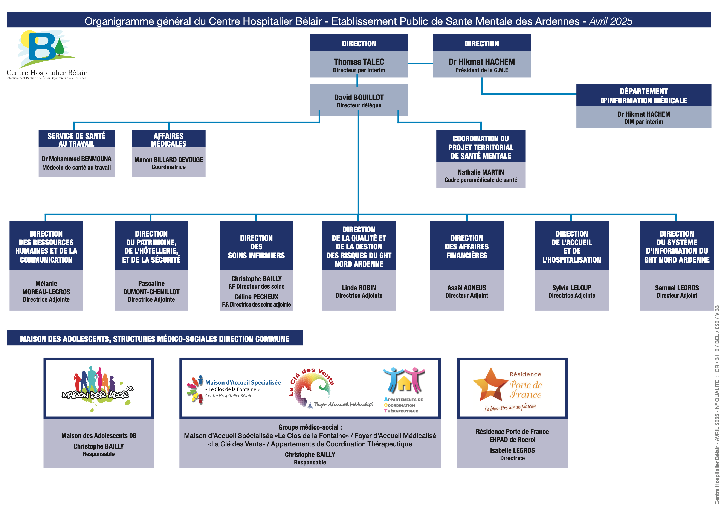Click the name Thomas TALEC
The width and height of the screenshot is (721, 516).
(x=359, y=62)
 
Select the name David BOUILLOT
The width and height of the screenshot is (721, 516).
(x=359, y=97)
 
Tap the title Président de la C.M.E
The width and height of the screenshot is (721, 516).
(x=481, y=70)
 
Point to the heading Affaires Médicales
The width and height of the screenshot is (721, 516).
(x=168, y=140)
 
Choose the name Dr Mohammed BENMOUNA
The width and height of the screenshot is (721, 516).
(x=76, y=159)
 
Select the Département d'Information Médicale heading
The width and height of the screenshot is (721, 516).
(x=643, y=96)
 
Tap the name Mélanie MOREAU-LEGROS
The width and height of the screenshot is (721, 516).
(x=46, y=288)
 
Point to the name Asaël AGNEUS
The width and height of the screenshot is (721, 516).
(x=466, y=288)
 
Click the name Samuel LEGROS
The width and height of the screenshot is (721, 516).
(x=677, y=288)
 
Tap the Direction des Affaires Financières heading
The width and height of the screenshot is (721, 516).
(x=466, y=247)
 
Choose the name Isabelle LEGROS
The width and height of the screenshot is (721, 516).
(x=512, y=450)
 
